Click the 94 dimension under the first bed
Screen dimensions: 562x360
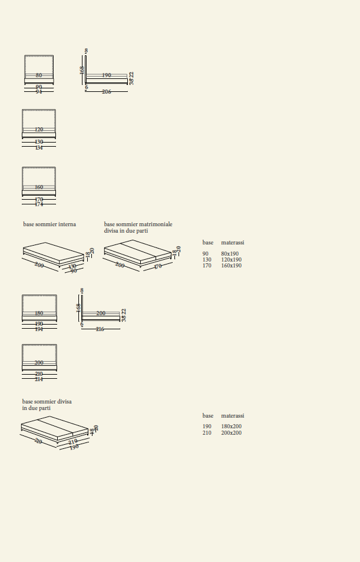[x=39, y=92]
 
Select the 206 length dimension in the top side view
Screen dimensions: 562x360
[x=107, y=92]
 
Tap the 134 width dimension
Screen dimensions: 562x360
[x=39, y=147]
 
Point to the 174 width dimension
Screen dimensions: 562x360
[x=39, y=204]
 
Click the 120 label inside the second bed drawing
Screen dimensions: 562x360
[x=39, y=130]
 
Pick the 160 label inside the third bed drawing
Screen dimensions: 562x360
[x=39, y=187]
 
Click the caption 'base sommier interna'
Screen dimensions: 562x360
[x=49, y=224]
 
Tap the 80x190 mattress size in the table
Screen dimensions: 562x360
[x=230, y=254]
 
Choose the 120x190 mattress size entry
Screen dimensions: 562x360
[x=231, y=260]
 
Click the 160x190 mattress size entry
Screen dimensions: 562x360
[x=231, y=266]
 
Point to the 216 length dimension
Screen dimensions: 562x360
[x=100, y=329]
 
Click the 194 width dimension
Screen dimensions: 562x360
[x=39, y=329]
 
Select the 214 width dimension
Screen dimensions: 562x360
[x=39, y=379]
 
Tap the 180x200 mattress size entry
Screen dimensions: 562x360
[x=231, y=427]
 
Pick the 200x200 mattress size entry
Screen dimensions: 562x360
[x=231, y=433]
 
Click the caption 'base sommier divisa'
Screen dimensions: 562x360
[x=47, y=402]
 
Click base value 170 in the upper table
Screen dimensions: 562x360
[x=207, y=266]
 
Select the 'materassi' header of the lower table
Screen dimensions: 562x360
[x=232, y=416]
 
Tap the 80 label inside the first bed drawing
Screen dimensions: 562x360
[x=39, y=75]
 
